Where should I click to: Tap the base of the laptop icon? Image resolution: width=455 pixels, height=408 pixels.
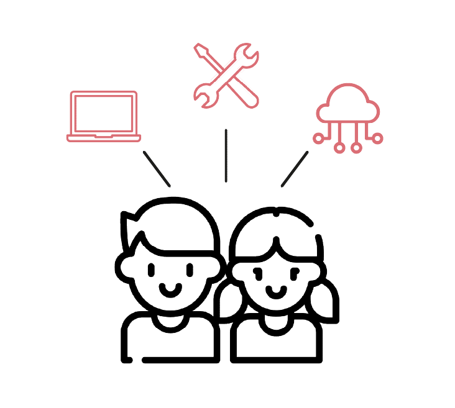coord(104,137)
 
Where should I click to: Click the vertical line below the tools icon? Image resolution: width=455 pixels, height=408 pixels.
coord(226,155)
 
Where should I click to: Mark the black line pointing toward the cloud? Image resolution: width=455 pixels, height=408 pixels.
coord(295,168)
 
